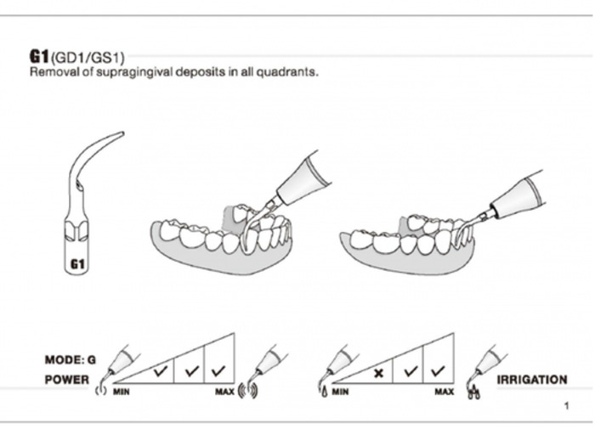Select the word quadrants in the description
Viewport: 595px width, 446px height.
point(292,72)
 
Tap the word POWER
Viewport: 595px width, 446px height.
point(65,380)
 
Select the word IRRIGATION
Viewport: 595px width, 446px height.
point(531,380)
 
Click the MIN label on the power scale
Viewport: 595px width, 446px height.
point(122,392)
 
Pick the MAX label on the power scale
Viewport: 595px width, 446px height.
point(225,392)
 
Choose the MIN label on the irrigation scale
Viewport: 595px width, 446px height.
point(340,392)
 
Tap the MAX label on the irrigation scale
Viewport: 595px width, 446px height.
point(444,392)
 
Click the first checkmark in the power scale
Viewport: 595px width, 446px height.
point(159,371)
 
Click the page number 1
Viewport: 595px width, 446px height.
point(566,406)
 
